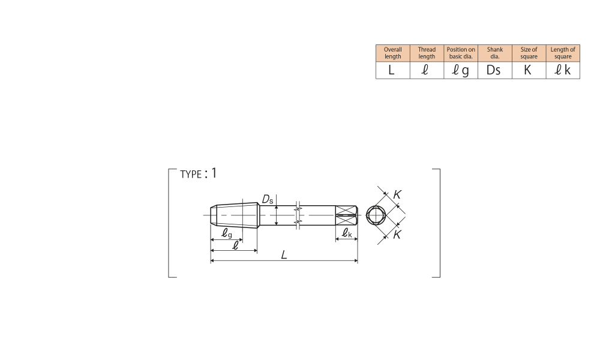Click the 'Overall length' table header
(392, 53)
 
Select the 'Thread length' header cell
(427, 53)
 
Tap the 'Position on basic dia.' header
(461, 53)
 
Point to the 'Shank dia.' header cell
(495, 53)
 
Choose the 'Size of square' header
(529, 53)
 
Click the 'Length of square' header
(563, 53)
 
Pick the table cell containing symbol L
(392, 70)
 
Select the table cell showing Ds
(495, 70)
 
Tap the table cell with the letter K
(529, 70)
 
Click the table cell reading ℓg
(461, 70)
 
